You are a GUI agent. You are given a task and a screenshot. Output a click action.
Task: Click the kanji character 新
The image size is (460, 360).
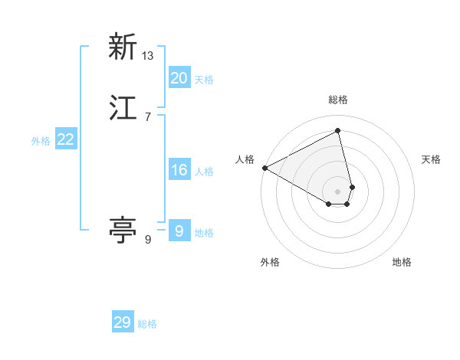(123, 47)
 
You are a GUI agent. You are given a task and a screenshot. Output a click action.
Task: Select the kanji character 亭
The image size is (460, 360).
(123, 230)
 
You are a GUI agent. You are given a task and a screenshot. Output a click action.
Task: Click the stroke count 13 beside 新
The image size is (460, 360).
(148, 55)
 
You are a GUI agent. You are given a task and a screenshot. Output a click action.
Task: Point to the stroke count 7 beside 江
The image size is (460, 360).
(148, 116)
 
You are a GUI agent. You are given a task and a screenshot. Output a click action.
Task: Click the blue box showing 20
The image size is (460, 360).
(179, 78)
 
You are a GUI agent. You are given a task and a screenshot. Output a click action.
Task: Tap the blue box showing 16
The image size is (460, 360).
(179, 170)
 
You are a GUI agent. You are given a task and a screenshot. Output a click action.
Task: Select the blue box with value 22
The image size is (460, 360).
(65, 139)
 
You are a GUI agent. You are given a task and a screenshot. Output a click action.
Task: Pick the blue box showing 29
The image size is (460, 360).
(123, 322)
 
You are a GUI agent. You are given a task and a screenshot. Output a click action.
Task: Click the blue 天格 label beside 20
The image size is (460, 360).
(204, 80)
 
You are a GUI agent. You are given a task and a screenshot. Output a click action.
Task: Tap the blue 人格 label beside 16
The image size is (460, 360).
(204, 172)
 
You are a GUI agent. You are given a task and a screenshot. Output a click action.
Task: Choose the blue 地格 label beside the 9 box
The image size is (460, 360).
(204, 233)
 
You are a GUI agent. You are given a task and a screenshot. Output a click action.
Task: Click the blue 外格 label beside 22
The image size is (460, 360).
(40, 141)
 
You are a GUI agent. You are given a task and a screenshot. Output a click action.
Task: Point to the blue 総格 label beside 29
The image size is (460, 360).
(147, 324)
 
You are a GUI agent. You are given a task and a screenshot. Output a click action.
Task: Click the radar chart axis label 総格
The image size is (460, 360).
(338, 100)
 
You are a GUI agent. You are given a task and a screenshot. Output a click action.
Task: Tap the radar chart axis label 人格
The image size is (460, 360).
(245, 159)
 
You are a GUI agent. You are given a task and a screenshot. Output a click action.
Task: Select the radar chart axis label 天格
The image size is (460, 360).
(431, 159)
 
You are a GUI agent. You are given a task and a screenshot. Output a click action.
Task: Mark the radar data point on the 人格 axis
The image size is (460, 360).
(264, 168)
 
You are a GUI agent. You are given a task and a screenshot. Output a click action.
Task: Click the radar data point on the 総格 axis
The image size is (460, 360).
(338, 131)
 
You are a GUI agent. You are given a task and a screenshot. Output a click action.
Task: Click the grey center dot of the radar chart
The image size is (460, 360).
(338, 191)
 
